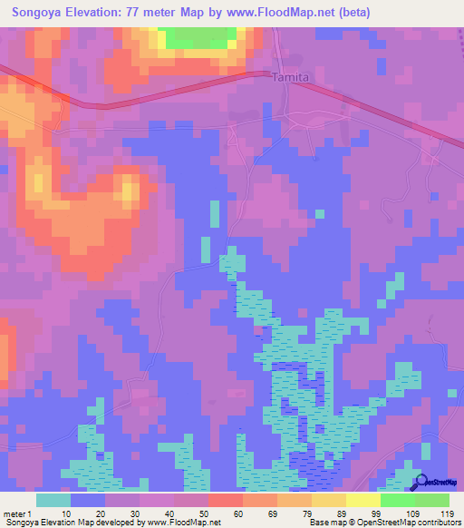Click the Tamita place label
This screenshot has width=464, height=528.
coord(291,78)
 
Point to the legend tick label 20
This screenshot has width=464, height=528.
coord(101,513)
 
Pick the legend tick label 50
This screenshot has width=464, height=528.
coord(204,513)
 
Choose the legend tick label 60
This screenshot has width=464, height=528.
coord(238,513)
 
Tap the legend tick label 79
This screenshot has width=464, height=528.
coord(307,513)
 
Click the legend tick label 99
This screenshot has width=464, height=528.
coord(376,513)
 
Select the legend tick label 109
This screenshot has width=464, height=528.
coord(412,513)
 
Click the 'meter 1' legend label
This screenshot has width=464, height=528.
coord(17,513)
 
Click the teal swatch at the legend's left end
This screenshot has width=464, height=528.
coord(53,500)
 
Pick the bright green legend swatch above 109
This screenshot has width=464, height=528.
coord(398,500)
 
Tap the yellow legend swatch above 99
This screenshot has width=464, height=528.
coord(363,500)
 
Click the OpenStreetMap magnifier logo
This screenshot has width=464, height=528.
coord(420,484)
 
